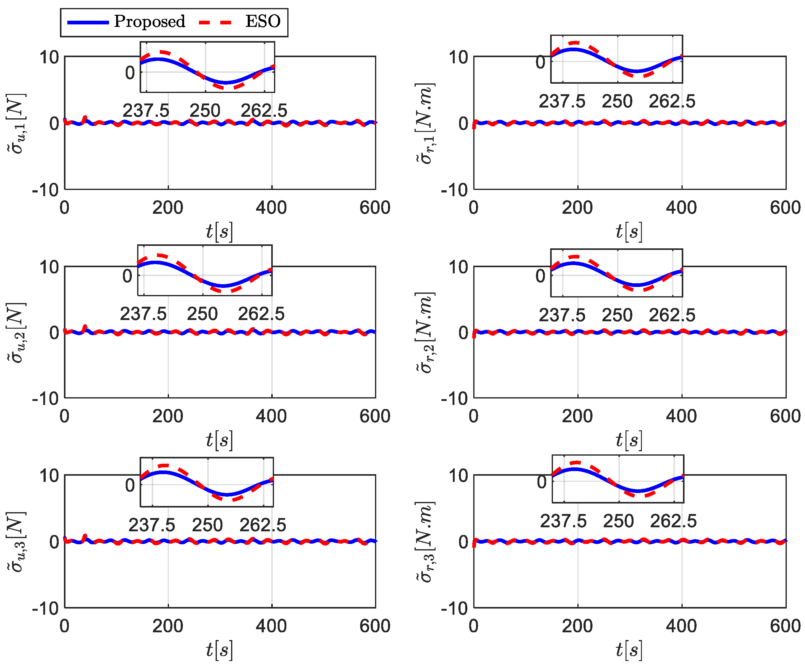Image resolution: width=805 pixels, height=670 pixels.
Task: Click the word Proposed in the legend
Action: click(150, 21)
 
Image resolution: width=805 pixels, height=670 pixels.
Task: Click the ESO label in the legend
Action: click(263, 21)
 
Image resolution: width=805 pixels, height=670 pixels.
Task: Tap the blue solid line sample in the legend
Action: click(88, 23)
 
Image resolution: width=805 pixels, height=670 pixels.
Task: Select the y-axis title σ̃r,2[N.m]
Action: click(425, 332)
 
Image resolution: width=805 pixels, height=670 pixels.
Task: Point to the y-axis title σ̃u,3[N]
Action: click(16, 541)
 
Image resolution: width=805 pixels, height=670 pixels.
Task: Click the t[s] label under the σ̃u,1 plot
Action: click(219, 231)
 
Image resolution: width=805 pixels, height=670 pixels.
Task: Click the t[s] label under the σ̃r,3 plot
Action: click(629, 650)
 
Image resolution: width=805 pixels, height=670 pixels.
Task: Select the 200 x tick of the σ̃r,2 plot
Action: click(577, 416)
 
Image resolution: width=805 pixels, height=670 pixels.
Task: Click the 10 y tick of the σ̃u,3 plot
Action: click(49, 476)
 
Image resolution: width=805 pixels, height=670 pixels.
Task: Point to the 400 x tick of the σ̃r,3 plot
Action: click(681, 626)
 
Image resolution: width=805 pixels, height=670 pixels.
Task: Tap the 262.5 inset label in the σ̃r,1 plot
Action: click(672, 102)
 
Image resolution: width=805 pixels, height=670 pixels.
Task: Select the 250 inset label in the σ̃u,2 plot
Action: click(202, 314)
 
